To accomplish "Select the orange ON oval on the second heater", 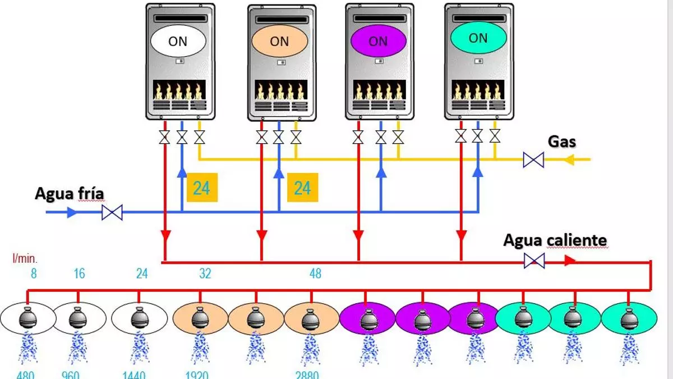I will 279,41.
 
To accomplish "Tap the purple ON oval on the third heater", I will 378,41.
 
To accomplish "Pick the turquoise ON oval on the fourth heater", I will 478,38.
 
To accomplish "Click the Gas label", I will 561,141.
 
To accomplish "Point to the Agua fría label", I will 70,194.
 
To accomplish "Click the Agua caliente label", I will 555,241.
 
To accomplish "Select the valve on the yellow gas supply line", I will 533,160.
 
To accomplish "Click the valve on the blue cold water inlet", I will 113,213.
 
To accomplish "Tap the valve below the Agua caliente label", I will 533,261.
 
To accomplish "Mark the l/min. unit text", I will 25,259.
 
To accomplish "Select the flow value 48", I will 315,273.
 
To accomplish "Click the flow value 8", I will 34,273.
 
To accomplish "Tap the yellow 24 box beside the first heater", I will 201,187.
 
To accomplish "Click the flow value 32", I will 205,273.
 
